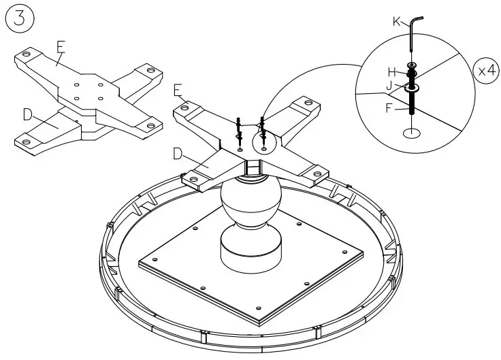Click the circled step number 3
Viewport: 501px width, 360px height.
click(20, 18)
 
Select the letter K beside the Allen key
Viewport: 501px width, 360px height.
click(396, 22)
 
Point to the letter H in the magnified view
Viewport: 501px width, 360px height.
click(392, 71)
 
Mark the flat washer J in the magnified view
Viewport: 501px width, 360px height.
click(412, 87)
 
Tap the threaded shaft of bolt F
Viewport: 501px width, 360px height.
click(412, 106)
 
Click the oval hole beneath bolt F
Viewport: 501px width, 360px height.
click(412, 134)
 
